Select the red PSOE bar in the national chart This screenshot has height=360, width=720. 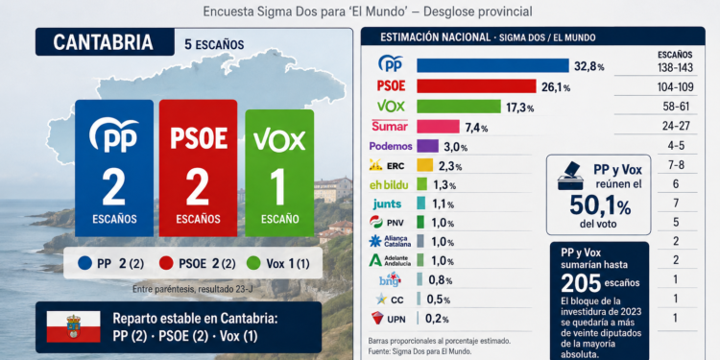click(x=476, y=85)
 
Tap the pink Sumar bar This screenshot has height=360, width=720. click(x=438, y=127)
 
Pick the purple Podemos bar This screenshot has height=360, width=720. click(x=427, y=147)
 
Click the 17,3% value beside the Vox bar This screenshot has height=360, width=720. click(x=519, y=108)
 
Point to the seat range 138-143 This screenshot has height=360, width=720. click(x=675, y=68)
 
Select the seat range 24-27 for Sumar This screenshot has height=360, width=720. click(x=677, y=127)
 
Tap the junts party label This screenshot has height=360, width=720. click(x=388, y=204)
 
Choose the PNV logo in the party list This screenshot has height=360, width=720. click(x=376, y=223)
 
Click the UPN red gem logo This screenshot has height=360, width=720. click(x=377, y=318)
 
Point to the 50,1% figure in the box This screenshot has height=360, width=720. click(x=600, y=205)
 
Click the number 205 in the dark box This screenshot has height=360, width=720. click(x=581, y=284)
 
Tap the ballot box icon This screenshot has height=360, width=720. click(x=570, y=176)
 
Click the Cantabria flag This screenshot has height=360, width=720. click(x=74, y=327)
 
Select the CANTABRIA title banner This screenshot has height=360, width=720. click(x=105, y=42)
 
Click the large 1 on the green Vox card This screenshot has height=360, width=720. click(x=278, y=186)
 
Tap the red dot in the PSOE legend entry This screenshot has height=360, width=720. click(x=166, y=263)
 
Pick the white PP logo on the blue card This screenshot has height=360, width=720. click(x=114, y=134)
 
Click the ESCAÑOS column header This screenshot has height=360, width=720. click(x=675, y=55)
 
